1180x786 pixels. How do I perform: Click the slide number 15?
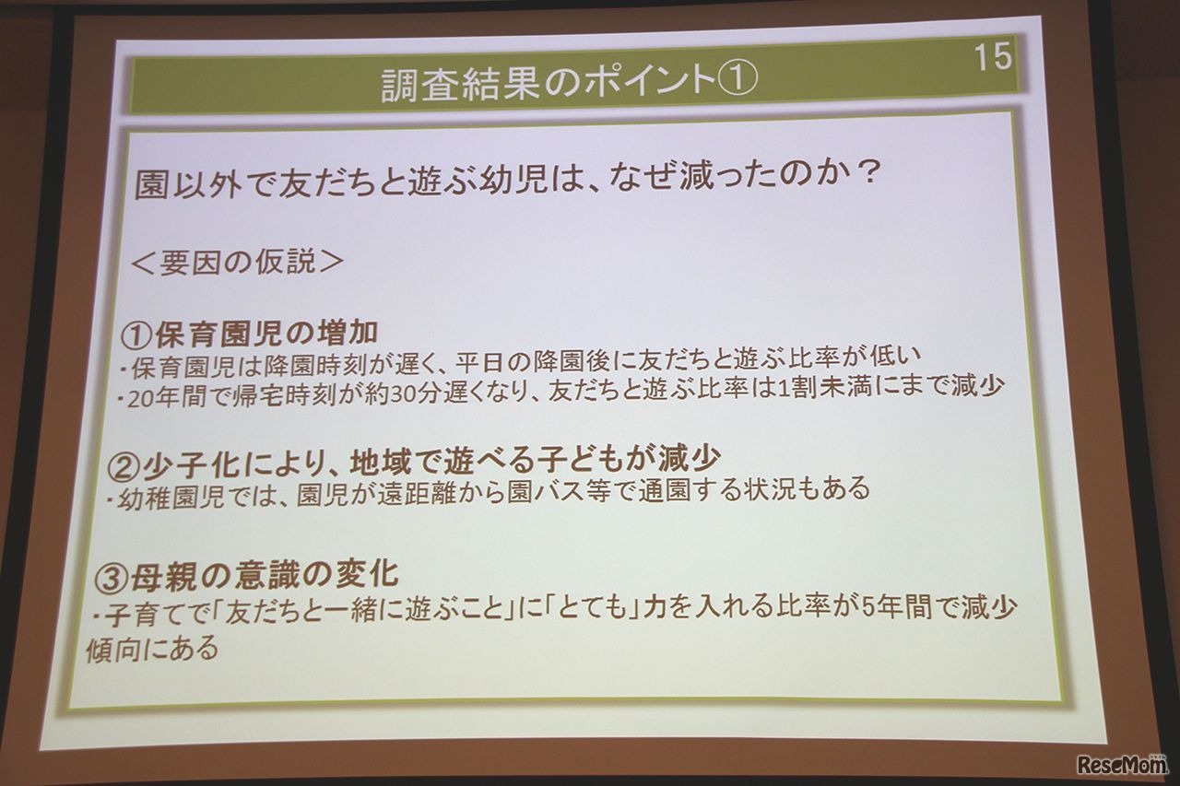992,56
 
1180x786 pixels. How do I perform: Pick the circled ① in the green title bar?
737,81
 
